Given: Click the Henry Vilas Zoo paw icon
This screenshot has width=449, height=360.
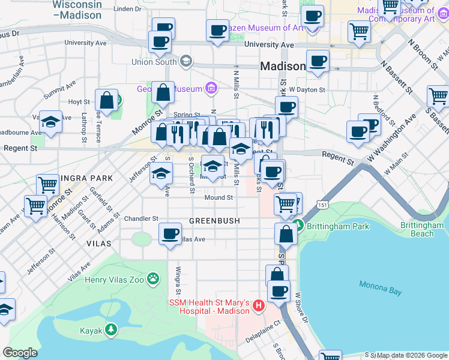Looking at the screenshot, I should [x=154, y=278].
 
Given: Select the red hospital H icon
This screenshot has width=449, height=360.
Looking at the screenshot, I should [x=259, y=306].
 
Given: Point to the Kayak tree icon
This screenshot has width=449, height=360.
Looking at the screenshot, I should [x=110, y=330].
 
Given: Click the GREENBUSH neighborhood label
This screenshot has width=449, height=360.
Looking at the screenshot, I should [x=214, y=221].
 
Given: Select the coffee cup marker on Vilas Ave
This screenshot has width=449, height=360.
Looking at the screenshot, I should [x=170, y=233].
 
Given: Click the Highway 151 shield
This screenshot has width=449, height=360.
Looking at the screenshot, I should [x=324, y=206].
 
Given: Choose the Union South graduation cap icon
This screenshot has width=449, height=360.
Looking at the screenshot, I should [x=185, y=61].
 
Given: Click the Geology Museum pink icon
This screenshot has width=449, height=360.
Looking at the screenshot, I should [x=210, y=89].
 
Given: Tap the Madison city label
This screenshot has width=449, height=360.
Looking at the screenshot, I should [x=283, y=67].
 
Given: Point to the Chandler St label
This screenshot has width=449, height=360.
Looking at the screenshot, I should [x=141, y=218].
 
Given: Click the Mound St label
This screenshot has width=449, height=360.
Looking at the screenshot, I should [x=218, y=197].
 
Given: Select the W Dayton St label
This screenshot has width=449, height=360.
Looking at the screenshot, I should [x=306, y=89].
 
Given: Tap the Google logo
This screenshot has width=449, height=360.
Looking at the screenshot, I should [x=20, y=352].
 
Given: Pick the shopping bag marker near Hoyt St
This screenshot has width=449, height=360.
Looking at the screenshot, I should [x=107, y=100].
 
